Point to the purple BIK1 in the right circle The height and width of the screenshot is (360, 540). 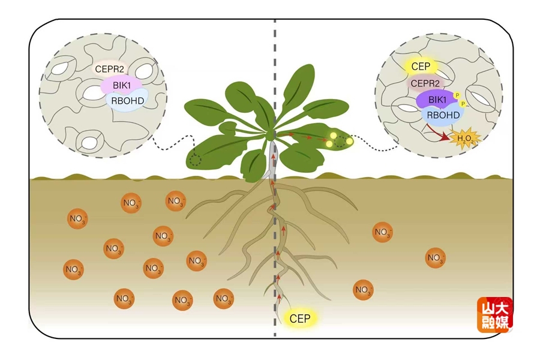pyautogui.click(x=436, y=99)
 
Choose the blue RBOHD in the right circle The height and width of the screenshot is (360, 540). pyautogui.click(x=443, y=115)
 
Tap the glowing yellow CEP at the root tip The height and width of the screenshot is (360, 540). pyautogui.click(x=299, y=319)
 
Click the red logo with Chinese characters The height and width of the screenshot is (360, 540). pyautogui.click(x=496, y=315)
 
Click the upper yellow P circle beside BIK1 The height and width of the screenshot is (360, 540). pyautogui.click(x=457, y=95)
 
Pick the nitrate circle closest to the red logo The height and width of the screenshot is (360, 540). pyautogui.click(x=436, y=258)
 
